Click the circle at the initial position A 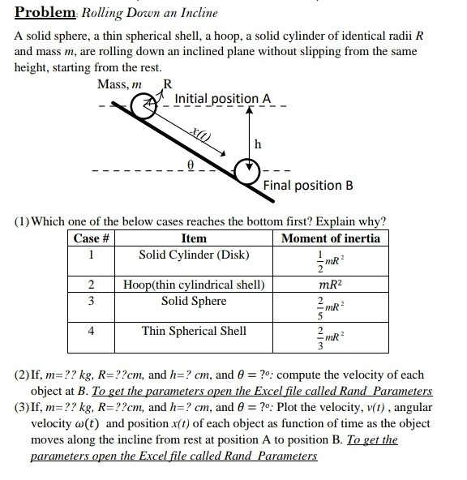(x=144, y=105)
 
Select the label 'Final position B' (x=308, y=185)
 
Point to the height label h (x=258, y=144)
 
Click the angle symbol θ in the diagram (x=191, y=163)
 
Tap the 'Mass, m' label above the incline (x=119, y=85)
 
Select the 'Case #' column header (x=92, y=238)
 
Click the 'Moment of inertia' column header (x=330, y=238)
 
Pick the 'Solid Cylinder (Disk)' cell (x=195, y=255)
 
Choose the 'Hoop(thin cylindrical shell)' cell (x=195, y=285)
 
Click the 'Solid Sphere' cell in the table (x=195, y=301)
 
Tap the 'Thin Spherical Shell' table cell (x=195, y=331)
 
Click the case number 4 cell (x=92, y=331)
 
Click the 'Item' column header (x=195, y=238)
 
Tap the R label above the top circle (x=168, y=84)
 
